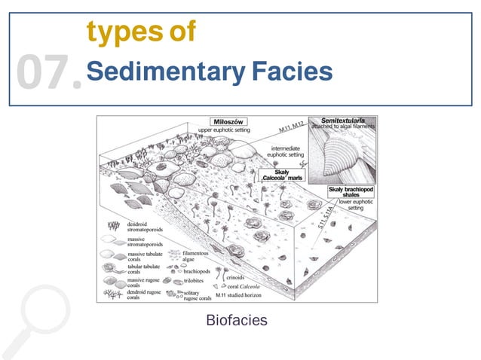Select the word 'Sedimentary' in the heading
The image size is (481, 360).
pyautogui.click(x=160, y=72)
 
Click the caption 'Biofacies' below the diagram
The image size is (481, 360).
pyautogui.click(x=236, y=321)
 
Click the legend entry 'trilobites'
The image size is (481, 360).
pyautogui.click(x=197, y=279)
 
